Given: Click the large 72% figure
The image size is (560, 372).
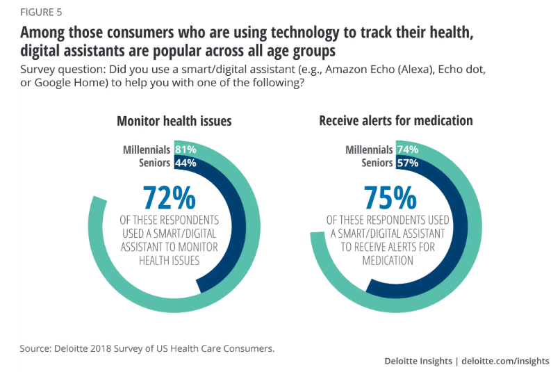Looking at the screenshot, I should (169, 198).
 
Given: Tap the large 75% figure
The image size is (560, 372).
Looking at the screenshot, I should (387, 198).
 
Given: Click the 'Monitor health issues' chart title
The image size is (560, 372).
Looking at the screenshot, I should (174, 121).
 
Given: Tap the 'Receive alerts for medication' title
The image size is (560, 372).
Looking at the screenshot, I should (395, 121).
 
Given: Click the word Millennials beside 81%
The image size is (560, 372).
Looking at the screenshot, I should (146, 149).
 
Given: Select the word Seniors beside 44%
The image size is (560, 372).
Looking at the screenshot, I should (154, 163).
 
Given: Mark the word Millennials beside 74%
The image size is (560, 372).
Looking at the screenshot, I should (369, 149).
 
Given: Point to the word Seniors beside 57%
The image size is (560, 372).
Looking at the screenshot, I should (377, 163).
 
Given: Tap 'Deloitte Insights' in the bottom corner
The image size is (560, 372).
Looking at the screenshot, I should (417, 361).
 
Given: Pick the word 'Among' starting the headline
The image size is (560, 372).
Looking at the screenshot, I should (42, 32).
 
